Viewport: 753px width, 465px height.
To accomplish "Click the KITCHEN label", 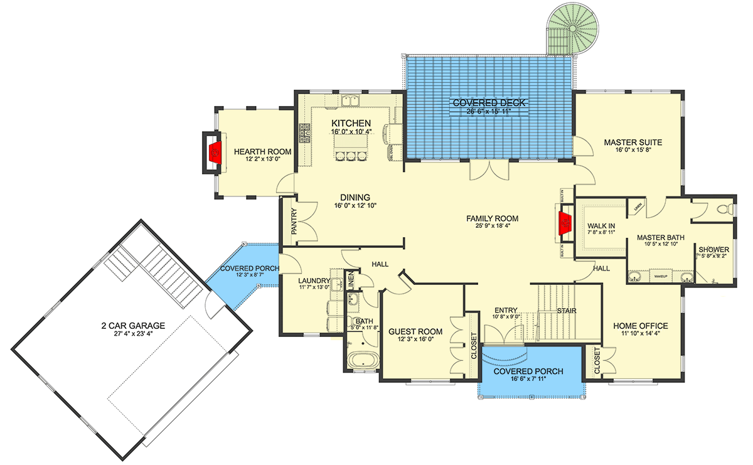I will pyautogui.click(x=351, y=123).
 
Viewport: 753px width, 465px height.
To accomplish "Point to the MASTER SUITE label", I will pyautogui.click(x=633, y=142).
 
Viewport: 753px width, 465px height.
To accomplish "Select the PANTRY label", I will pyautogui.click(x=294, y=222).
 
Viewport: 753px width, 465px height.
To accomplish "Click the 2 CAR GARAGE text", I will pyautogui.click(x=133, y=325).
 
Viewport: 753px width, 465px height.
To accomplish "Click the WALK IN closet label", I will pyautogui.click(x=601, y=225).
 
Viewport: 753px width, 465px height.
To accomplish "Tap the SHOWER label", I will pyautogui.click(x=713, y=249).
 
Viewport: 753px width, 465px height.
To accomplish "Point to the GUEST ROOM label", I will pyautogui.click(x=415, y=331).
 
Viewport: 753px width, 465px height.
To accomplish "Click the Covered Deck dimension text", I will pyautogui.click(x=481, y=112).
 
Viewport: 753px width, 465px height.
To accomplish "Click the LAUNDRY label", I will pyautogui.click(x=314, y=281).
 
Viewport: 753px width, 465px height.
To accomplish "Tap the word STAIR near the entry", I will pyautogui.click(x=567, y=311).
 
